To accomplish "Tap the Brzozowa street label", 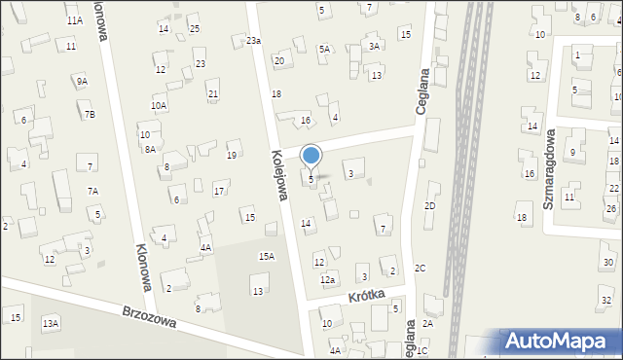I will (x=148, y=317).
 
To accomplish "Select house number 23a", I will (x=253, y=40).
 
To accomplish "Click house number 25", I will (x=195, y=29).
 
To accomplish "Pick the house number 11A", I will (x=75, y=20).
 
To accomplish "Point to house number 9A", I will (x=83, y=82).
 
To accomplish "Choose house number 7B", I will (x=90, y=115).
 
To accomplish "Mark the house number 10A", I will (x=159, y=105).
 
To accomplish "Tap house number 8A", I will (x=150, y=149).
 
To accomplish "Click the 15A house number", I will (x=266, y=256).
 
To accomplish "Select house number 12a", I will (x=328, y=279).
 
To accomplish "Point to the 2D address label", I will (x=429, y=206).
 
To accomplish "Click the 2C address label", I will (x=421, y=268).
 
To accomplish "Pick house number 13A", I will (x=51, y=322).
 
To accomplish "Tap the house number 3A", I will (x=374, y=46).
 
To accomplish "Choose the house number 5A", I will (x=324, y=49).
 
